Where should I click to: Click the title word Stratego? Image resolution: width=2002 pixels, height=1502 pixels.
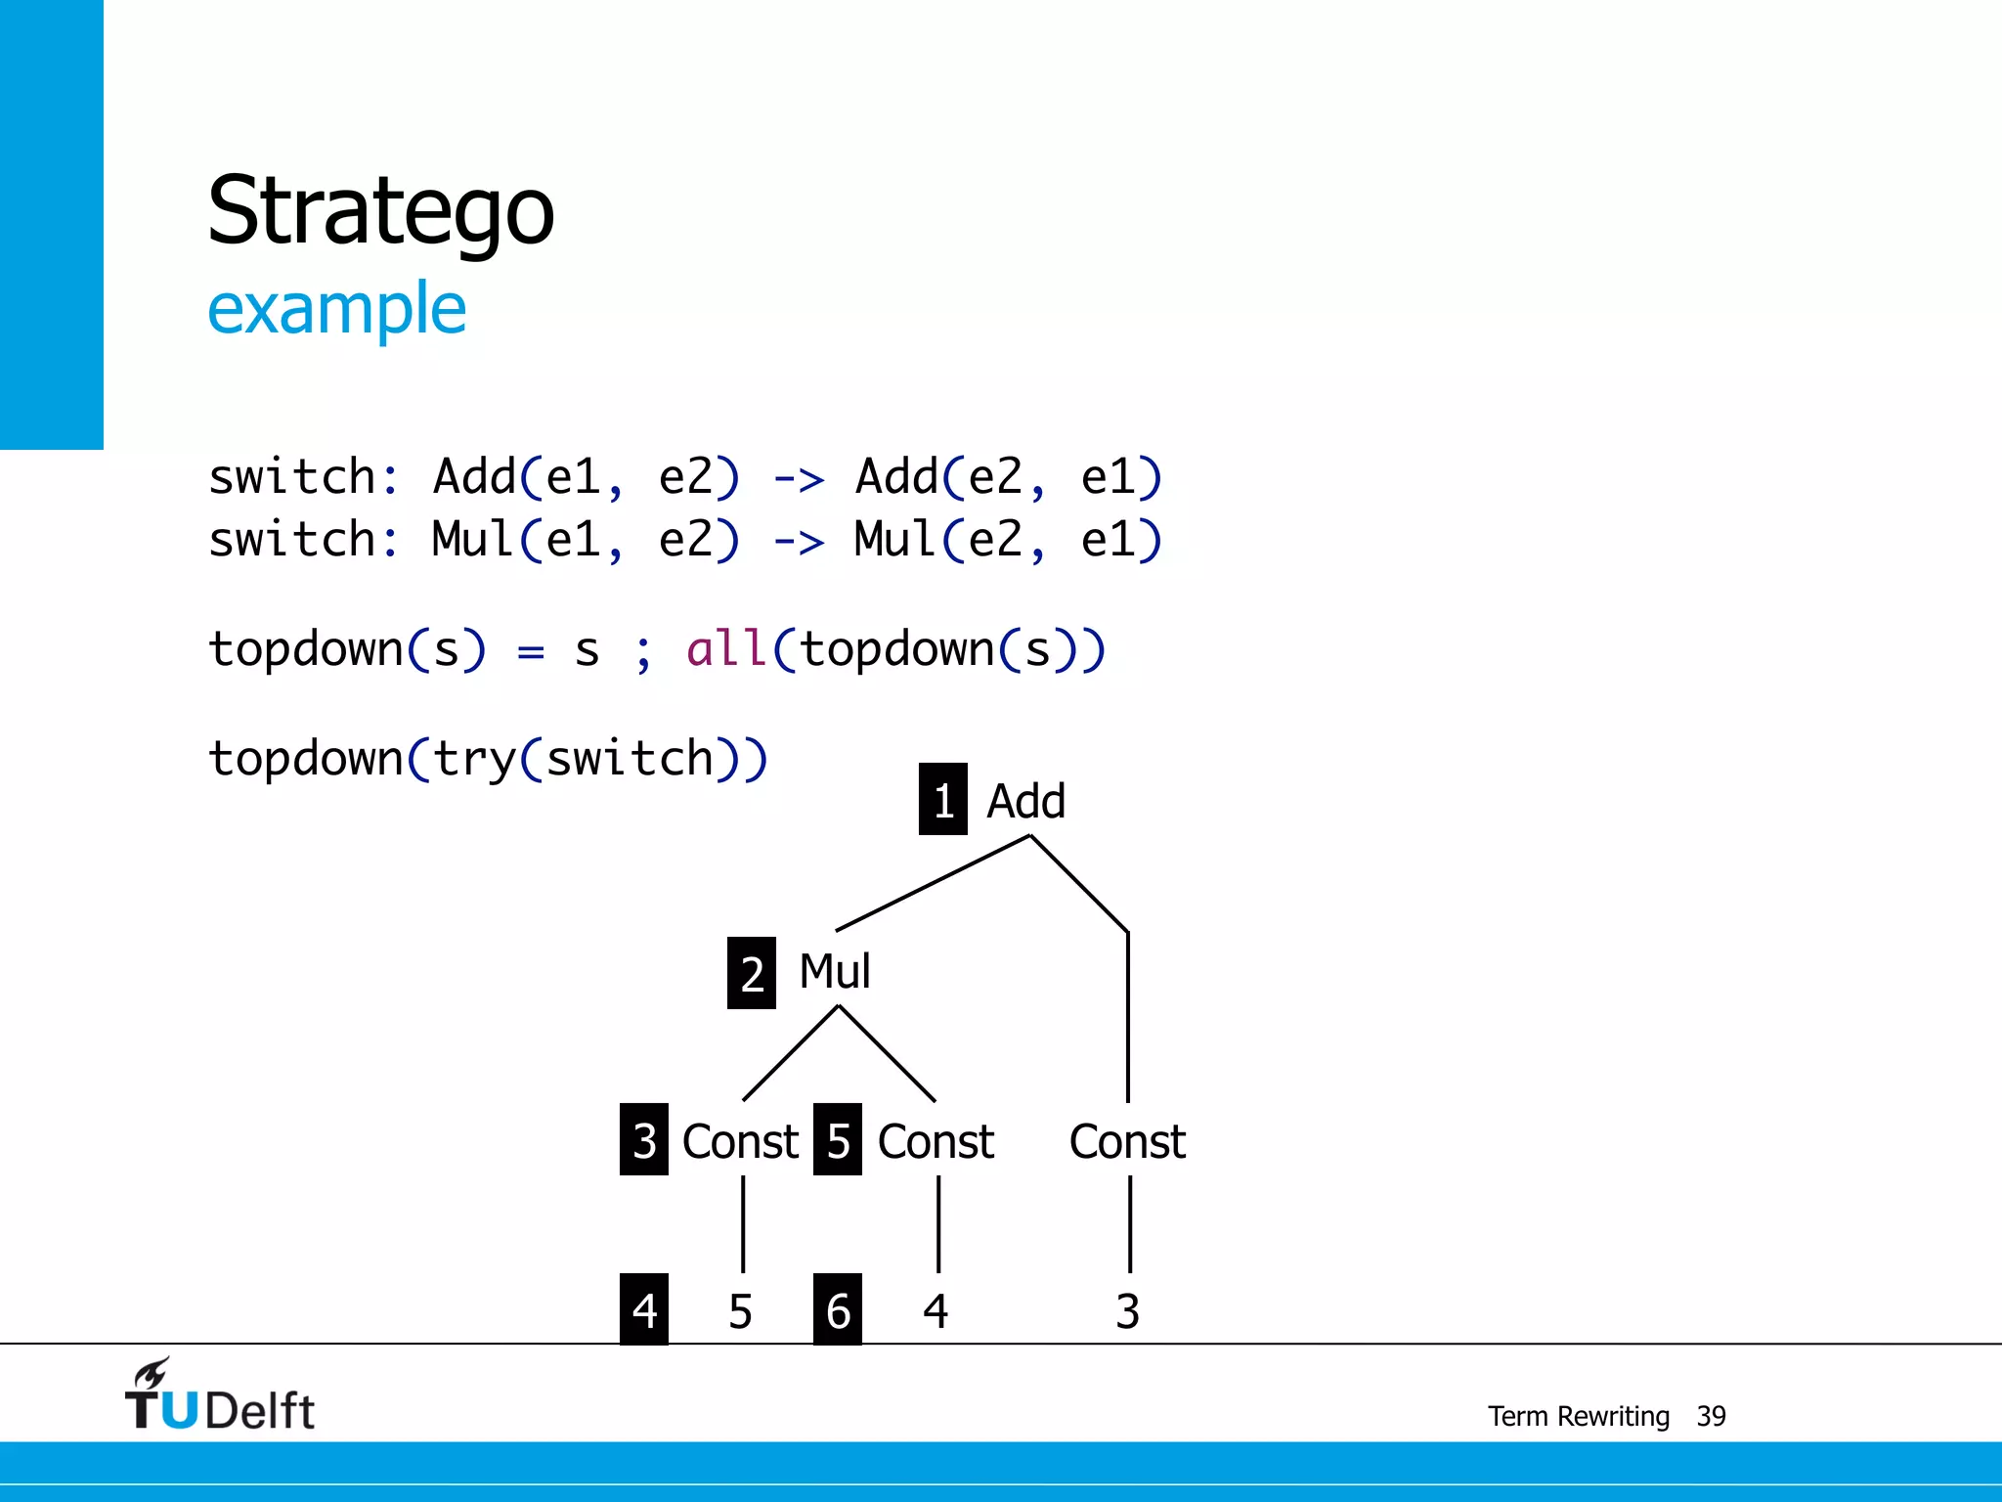pyautogui.click(x=380, y=211)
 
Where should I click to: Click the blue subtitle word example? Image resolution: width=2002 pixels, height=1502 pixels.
pyautogui.click(x=336, y=308)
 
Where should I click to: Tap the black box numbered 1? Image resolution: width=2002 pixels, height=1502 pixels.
pyautogui.click(x=942, y=799)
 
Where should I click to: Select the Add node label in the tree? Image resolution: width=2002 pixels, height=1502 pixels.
pyautogui.click(x=1025, y=801)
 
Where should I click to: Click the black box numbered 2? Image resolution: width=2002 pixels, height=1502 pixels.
pyautogui.click(x=751, y=973)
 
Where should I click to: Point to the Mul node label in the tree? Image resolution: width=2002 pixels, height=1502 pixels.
pyautogui.click(x=834, y=971)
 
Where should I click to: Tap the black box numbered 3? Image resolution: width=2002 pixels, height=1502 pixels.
pyautogui.click(x=643, y=1139)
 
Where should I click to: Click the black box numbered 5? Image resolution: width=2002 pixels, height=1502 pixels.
pyautogui.click(x=837, y=1139)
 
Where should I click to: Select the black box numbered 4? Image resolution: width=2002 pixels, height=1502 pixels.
pyautogui.click(x=643, y=1309)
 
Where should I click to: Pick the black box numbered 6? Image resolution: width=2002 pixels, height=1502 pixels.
pyautogui.click(x=837, y=1309)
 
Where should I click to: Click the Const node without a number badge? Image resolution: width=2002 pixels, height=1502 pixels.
pyautogui.click(x=1127, y=1141)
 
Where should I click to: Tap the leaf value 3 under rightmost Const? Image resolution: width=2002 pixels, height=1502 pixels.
pyautogui.click(x=1127, y=1310)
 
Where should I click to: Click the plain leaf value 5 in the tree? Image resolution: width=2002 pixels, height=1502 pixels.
pyautogui.click(x=740, y=1310)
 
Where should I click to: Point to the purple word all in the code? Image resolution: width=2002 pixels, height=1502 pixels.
pyautogui.click(x=725, y=648)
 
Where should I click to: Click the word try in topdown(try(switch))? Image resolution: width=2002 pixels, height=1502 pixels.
pyautogui.click(x=474, y=759)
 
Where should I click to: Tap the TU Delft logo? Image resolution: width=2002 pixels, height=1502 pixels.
pyautogui.click(x=219, y=1396)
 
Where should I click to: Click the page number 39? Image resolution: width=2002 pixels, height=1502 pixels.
pyautogui.click(x=1711, y=1416)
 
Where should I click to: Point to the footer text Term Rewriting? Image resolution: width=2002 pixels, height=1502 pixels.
pyautogui.click(x=1578, y=1416)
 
